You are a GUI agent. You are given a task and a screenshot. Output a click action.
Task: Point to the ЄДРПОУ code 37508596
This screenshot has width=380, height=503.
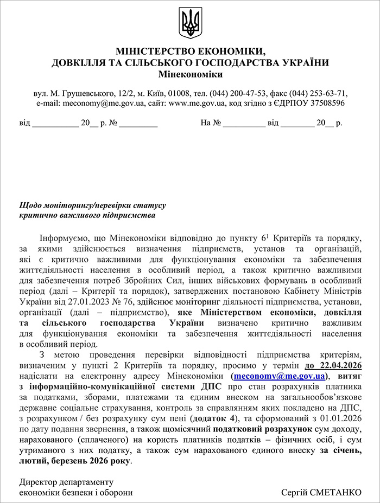coord(327,102)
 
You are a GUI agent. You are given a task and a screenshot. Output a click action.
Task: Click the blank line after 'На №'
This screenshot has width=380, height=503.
coord(244,123)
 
